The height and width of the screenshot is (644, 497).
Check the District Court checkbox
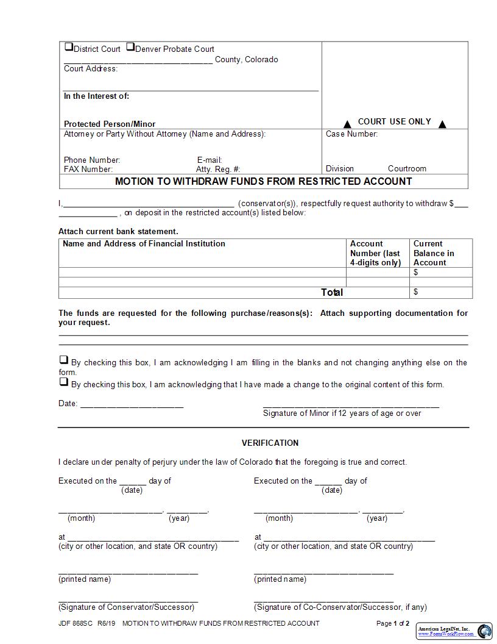(x=69, y=47)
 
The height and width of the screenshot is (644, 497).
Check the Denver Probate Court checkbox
(x=130, y=47)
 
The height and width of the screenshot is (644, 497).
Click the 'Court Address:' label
(x=91, y=69)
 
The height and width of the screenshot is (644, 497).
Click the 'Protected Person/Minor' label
(x=110, y=124)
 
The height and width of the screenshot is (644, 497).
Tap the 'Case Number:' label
(x=351, y=134)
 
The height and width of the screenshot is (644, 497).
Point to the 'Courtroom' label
(x=407, y=169)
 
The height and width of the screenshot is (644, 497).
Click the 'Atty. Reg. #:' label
(x=218, y=170)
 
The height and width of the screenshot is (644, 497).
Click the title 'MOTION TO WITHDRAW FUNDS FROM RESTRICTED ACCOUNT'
(x=263, y=182)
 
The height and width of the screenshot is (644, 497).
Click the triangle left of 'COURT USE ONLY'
(x=347, y=124)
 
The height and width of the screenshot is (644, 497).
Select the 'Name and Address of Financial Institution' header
(x=144, y=244)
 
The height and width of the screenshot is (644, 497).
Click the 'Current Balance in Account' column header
(x=434, y=253)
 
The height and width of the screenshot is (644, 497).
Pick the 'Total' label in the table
(x=332, y=293)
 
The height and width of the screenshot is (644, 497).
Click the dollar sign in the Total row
(x=416, y=292)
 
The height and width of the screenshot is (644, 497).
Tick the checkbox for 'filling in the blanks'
(x=63, y=360)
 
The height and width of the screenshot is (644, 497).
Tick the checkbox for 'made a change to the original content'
(x=63, y=382)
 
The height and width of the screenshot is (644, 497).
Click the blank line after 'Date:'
(x=132, y=404)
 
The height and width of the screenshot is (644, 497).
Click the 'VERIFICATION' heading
(x=270, y=443)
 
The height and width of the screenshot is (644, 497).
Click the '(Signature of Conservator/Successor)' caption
(x=127, y=607)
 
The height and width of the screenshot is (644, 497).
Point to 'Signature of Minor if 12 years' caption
(x=342, y=413)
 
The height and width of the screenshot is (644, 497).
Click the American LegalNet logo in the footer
(x=454, y=631)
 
